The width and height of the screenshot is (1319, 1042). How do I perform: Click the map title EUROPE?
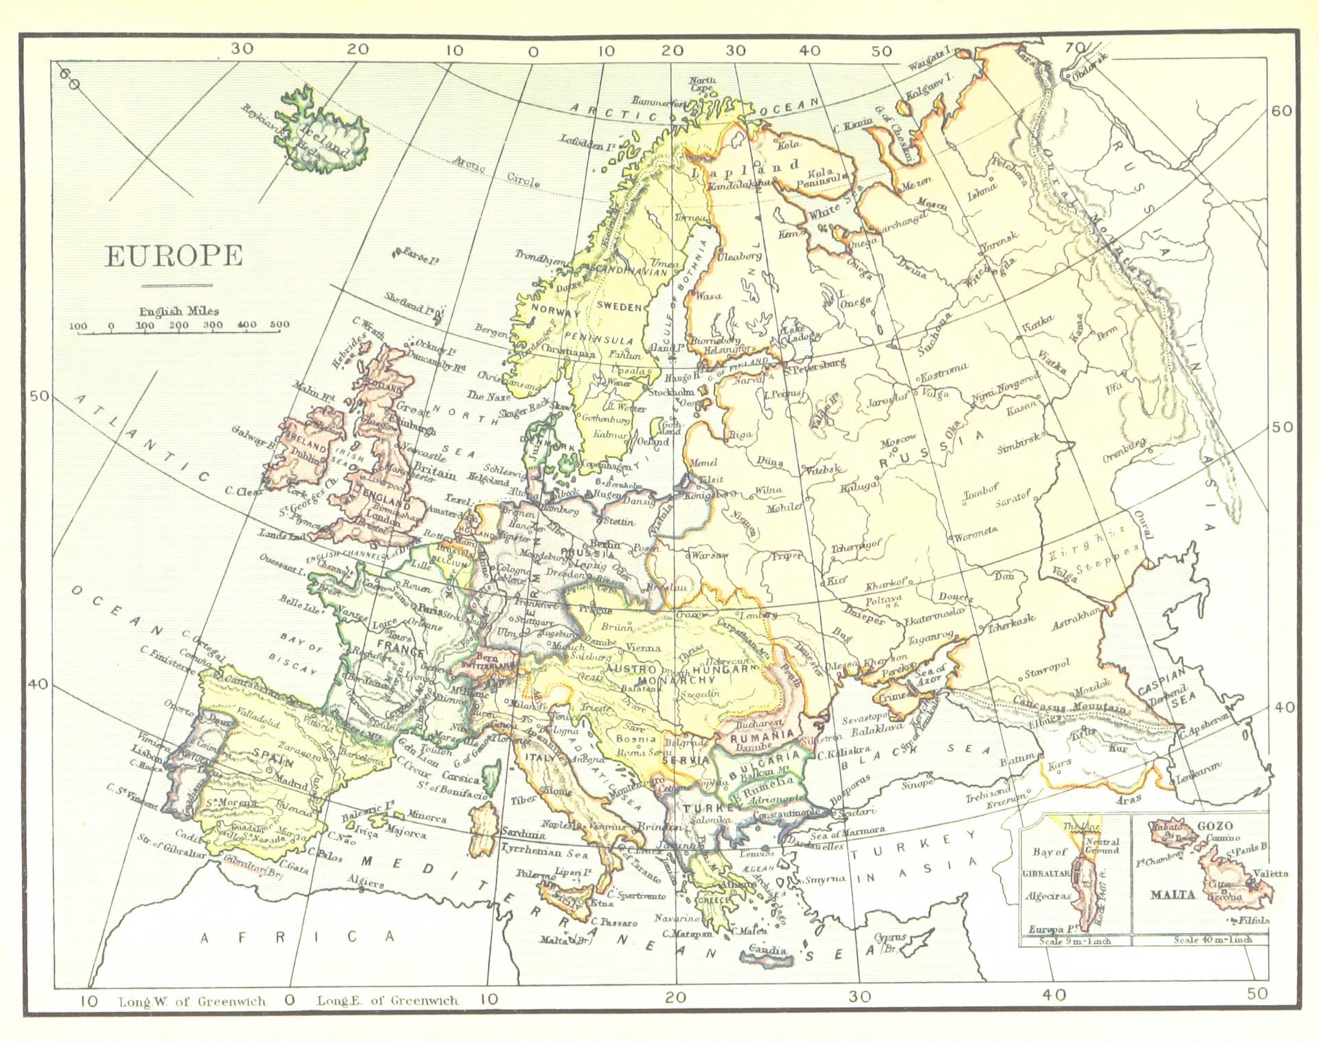tap(174, 256)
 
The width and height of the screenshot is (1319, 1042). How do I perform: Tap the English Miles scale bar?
tap(179, 332)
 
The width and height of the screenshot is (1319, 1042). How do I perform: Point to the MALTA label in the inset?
tap(1173, 894)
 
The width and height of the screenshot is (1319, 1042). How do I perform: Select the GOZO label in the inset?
tap(1215, 826)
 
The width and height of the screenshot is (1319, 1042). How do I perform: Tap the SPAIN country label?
tap(273, 754)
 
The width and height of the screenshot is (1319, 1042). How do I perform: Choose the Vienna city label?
tap(644, 647)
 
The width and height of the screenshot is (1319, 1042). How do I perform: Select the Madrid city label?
tap(293, 781)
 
